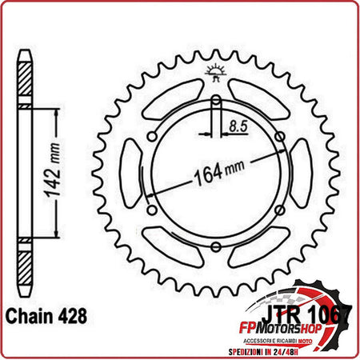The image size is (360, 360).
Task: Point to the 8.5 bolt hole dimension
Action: [238, 126]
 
